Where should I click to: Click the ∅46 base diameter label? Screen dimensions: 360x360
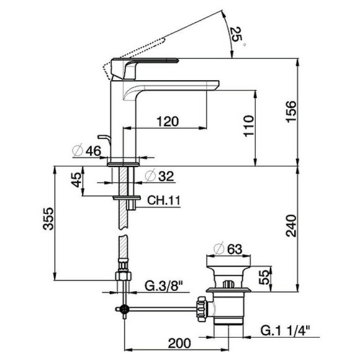pos(86,150)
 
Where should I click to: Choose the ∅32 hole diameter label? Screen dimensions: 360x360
pos(160,176)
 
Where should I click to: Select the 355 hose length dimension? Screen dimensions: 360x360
pos(47,222)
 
